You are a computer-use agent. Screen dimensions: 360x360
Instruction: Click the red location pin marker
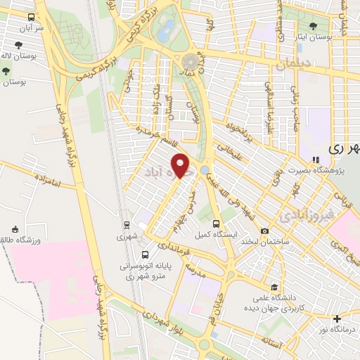(x=181, y=165)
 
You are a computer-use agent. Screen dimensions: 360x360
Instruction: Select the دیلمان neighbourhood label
(x=293, y=65)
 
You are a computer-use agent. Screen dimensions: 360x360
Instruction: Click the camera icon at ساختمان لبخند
(x=265, y=231)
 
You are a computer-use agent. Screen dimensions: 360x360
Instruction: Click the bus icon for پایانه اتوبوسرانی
(x=145, y=255)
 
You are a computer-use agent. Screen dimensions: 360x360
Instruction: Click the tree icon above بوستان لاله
(x=6, y=70)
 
